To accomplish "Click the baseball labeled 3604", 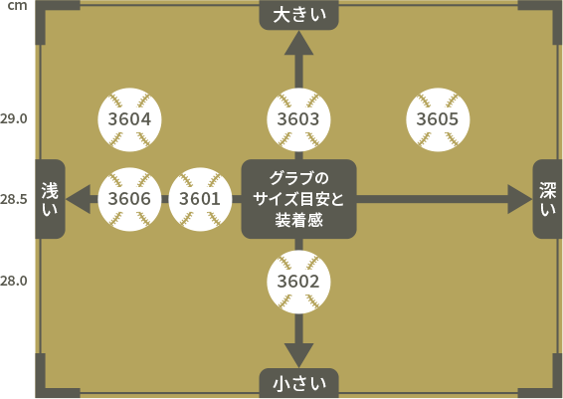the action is [129, 119].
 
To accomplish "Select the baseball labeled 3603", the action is [298, 119].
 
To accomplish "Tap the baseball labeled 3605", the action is [438, 119].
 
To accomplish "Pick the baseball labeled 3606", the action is [129, 199].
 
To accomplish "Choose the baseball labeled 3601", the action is [200, 199].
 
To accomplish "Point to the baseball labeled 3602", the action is [298, 282].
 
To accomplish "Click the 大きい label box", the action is [298, 15].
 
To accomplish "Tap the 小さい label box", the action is [298, 383].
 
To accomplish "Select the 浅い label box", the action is [50, 199].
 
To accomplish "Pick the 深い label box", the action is [547, 199].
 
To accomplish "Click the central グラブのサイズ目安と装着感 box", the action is [298, 199].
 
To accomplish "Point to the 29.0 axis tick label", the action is [14, 118].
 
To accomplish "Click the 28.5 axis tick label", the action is [14, 199].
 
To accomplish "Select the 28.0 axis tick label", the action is [14, 281].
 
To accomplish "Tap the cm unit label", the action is [17, 6].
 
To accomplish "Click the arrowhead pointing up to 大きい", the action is [298, 43].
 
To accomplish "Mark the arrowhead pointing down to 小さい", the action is [298, 355].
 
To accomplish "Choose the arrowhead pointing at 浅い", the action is [79, 199].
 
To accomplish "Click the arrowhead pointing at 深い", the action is [520, 199].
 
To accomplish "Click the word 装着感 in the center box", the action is [298, 220].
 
